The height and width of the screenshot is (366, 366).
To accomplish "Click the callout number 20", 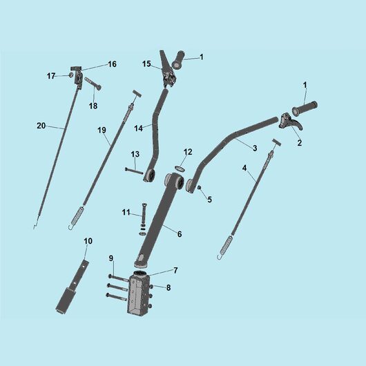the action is click(41, 126).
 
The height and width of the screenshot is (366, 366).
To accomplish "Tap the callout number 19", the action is click(102, 130).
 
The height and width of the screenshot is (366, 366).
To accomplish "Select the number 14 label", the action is click(138, 128).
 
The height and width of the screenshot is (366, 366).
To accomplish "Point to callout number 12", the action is click(188, 152).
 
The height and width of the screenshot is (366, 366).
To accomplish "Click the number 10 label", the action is click(88, 241).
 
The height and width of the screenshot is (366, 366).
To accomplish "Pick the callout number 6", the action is click(180, 234).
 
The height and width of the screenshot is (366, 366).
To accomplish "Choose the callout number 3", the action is click(255, 148).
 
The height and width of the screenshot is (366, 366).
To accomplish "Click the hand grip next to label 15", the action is click(178, 60).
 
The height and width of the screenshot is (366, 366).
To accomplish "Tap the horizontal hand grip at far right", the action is click(305, 108).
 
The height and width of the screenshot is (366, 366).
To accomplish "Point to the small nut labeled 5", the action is click(199, 187).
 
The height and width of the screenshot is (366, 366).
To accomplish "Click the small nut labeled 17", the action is click(70, 75).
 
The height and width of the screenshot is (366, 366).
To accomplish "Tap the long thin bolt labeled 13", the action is click(134, 171).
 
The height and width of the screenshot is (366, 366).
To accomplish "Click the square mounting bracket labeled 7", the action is click(138, 293).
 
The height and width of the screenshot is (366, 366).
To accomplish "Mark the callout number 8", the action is click(168, 287).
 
